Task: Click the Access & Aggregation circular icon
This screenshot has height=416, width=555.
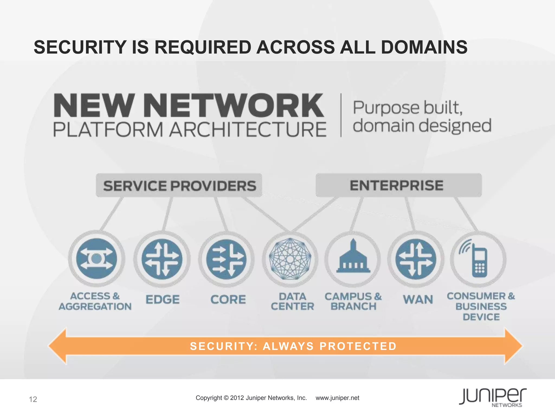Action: click(96, 259)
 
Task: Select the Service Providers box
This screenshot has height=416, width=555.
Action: click(179, 186)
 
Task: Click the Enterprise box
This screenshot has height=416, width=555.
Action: click(399, 186)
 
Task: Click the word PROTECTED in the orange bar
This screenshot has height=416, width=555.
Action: click(358, 346)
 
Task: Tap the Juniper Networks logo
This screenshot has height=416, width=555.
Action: click(493, 397)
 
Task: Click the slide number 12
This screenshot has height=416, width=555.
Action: click(33, 399)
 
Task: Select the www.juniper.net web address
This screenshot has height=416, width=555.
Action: click(337, 398)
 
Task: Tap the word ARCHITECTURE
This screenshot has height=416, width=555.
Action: click(248, 129)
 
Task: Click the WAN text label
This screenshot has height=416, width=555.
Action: click(418, 300)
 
